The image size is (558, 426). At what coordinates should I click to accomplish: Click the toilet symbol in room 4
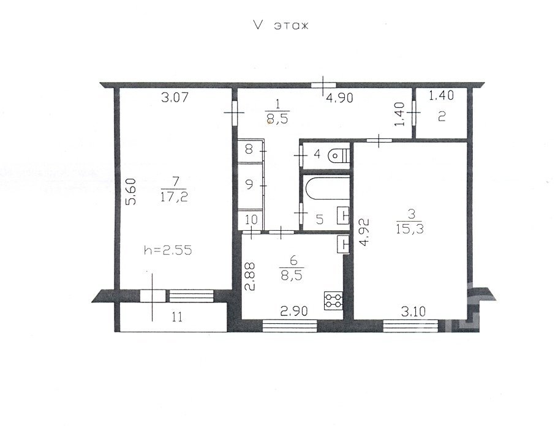click(x=339, y=155)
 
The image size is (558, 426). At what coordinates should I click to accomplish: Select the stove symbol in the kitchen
click(x=333, y=300)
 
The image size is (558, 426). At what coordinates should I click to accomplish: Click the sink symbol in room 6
click(x=344, y=245)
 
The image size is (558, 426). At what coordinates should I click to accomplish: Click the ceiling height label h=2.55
click(x=168, y=250)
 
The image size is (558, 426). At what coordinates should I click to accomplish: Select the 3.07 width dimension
click(x=175, y=97)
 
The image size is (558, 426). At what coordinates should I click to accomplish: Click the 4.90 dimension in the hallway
click(x=340, y=97)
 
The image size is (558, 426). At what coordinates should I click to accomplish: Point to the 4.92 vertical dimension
click(x=364, y=233)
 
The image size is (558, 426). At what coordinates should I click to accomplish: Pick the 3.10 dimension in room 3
click(x=413, y=312)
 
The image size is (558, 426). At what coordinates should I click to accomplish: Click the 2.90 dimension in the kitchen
click(x=293, y=312)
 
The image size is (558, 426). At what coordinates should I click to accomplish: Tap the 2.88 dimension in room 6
click(x=250, y=276)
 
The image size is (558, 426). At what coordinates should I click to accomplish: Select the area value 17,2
click(x=174, y=196)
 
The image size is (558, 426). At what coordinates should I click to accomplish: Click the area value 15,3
click(x=410, y=229)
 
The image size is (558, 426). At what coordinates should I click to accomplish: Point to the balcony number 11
click(x=177, y=316)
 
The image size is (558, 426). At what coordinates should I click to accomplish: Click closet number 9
click(x=249, y=185)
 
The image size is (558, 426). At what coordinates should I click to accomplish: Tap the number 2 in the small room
click(x=441, y=117)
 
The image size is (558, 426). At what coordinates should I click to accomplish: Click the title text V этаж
click(x=281, y=25)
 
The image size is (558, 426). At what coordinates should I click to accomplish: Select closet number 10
click(x=251, y=219)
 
